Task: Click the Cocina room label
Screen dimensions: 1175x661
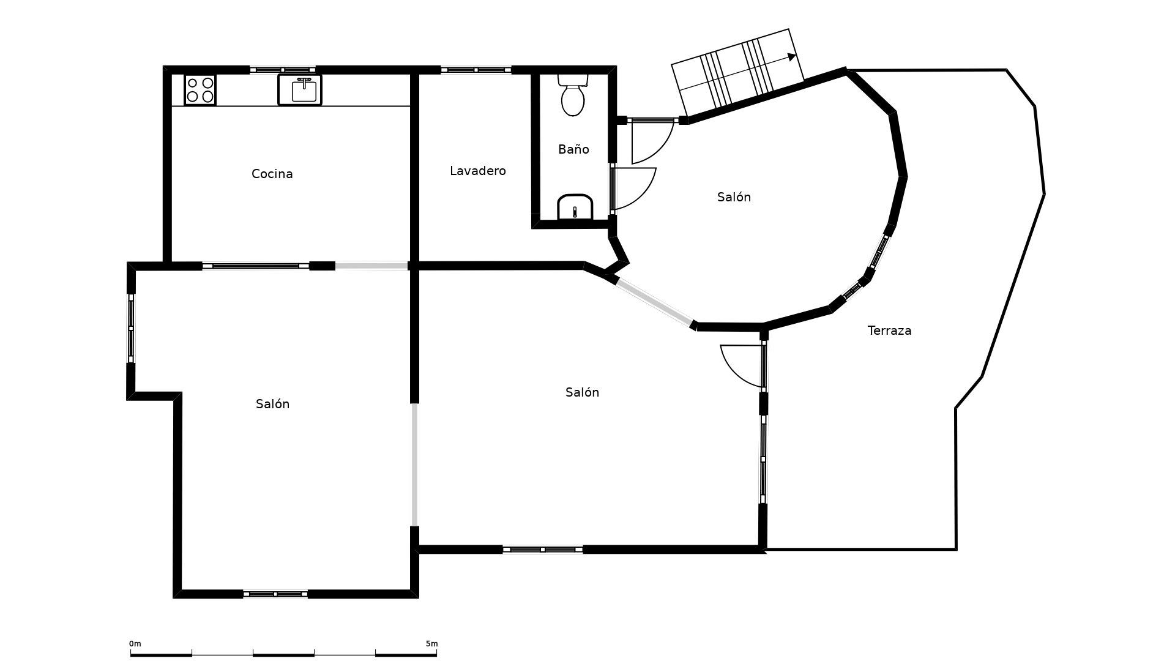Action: click(x=272, y=174)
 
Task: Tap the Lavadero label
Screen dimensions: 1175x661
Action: click(x=478, y=171)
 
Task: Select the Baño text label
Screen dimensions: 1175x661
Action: click(x=573, y=149)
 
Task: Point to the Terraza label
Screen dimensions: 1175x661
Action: click(x=889, y=330)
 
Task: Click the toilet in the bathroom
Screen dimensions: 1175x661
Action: click(x=573, y=95)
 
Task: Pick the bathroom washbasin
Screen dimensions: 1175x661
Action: click(x=575, y=207)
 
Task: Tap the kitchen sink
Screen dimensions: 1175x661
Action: click(x=299, y=90)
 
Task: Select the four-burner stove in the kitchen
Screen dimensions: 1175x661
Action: click(x=200, y=90)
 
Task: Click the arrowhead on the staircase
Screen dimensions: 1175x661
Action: click(x=793, y=58)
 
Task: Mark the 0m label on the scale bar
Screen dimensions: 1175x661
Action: click(x=135, y=643)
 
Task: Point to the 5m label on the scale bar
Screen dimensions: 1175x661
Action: click(x=432, y=643)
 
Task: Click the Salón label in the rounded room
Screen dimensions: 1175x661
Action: click(x=734, y=197)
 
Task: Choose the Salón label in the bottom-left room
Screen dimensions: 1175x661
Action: click(x=272, y=404)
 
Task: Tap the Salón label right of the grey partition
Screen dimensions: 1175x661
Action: click(x=582, y=392)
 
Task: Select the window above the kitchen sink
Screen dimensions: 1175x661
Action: click(x=283, y=70)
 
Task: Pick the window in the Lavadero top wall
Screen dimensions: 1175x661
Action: click(x=476, y=70)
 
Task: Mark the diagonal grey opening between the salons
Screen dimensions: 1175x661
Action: click(x=654, y=302)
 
